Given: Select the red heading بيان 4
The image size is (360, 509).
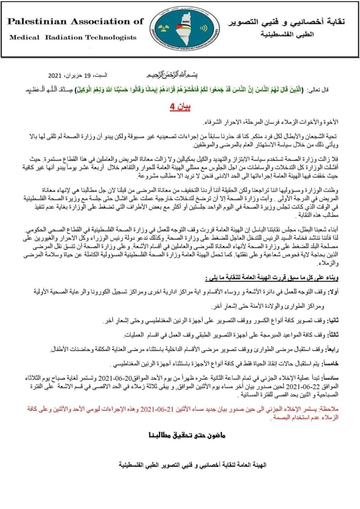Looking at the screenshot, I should pyautogui.click(x=180, y=106).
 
